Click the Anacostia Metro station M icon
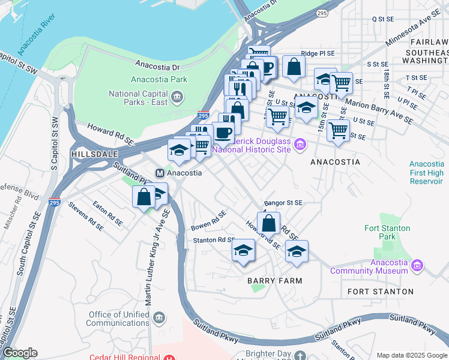pos(160,173)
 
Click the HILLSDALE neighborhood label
pos(92,154)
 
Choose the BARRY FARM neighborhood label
pos(274,281)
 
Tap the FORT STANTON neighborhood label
pos(381,292)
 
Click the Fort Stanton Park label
pos(387,232)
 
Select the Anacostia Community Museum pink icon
pos(418,265)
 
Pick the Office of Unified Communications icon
pos(159,317)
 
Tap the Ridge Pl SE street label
pos(318,53)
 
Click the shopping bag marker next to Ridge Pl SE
pos(293,67)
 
